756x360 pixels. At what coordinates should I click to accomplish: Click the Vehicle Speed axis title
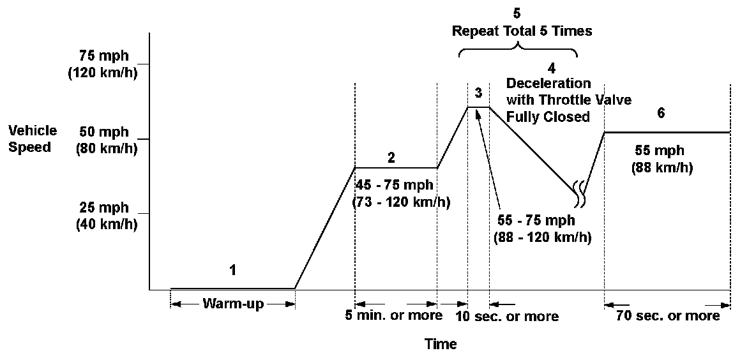(33, 138)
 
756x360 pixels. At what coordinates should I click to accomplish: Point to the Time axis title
(441, 345)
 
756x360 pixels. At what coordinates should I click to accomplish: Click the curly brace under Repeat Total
(517, 50)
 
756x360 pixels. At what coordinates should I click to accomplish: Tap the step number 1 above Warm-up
(233, 270)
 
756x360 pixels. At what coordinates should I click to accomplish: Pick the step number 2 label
(391, 156)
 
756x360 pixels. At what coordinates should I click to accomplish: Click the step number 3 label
(478, 93)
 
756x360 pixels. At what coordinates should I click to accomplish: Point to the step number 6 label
(661, 114)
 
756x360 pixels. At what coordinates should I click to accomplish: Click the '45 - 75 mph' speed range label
(395, 186)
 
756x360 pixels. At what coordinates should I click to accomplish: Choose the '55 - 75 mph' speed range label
(536, 220)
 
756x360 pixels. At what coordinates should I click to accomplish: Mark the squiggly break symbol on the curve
(579, 192)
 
